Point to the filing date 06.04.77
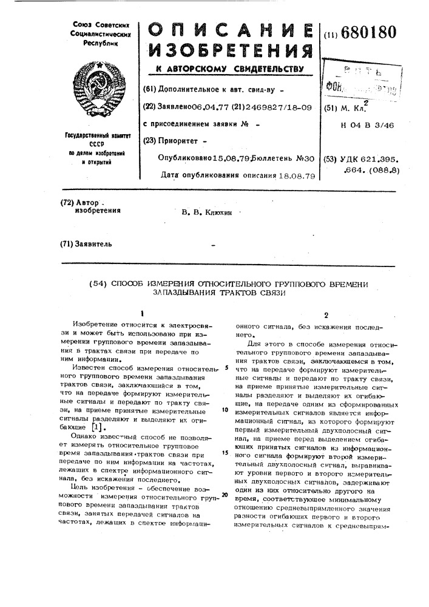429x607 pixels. click(209, 107)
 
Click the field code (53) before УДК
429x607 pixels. click(331, 158)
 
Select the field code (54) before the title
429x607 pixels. click(100, 283)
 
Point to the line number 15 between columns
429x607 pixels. click(225, 452)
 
